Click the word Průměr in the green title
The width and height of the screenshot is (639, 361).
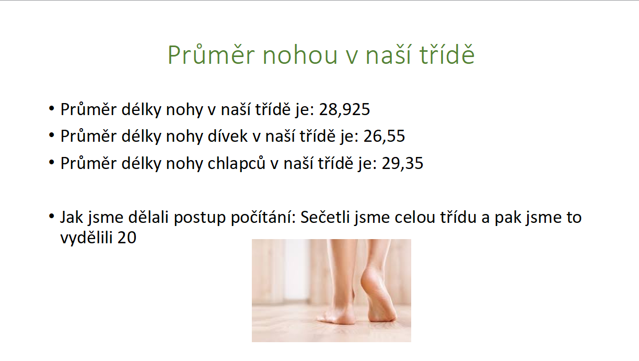pos(211,54)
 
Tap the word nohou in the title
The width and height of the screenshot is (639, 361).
pos(300,55)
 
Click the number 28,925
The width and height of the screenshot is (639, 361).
pos(344,109)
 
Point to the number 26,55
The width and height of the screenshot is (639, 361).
pos(384,136)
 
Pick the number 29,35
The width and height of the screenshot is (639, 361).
pos(402,163)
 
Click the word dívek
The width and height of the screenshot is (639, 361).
pos(227,136)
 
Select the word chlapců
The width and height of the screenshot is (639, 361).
pos(237,164)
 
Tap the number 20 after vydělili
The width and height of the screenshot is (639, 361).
pos(126,238)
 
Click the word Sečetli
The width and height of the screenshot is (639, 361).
pos(325,217)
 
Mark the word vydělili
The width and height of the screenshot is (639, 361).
pos(86,237)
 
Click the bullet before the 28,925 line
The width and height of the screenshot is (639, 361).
pos(52,108)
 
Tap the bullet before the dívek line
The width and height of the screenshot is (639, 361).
pos(52,135)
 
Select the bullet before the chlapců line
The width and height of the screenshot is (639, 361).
pos(52,163)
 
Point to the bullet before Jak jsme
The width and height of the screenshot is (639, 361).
pos(52,216)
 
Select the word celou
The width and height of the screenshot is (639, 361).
pos(414,217)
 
